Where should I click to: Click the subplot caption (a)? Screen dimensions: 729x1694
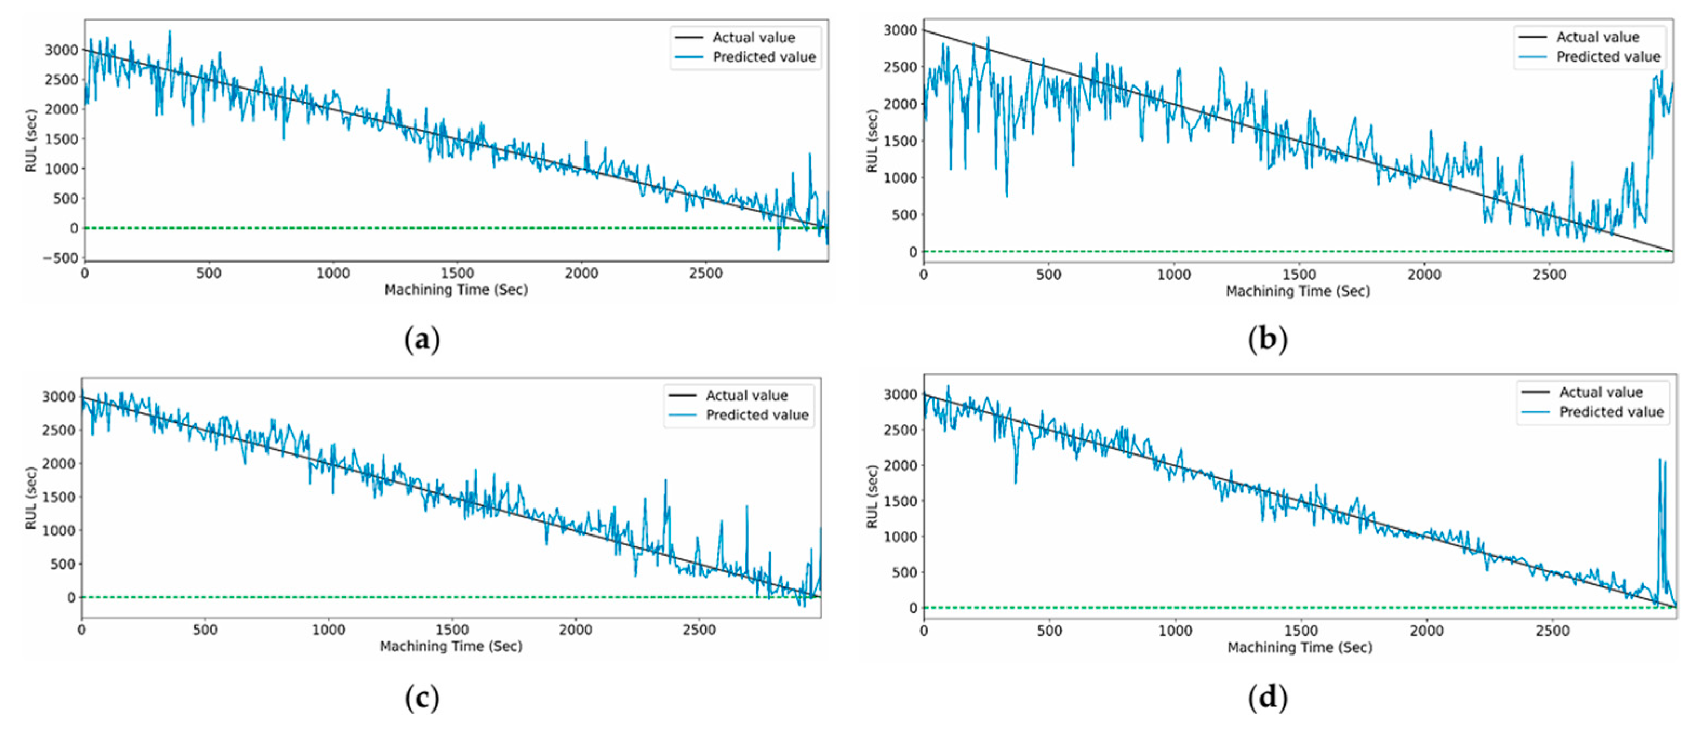422,340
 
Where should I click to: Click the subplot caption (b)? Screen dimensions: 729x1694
1267,340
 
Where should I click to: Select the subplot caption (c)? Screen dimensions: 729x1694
422,698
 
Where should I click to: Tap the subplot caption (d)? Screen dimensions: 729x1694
1267,698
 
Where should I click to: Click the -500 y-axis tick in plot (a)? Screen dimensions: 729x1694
61,258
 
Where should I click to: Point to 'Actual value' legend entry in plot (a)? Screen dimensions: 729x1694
753,37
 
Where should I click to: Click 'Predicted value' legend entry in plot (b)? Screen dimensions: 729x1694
1608,57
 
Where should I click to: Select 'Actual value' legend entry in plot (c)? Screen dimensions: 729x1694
746,396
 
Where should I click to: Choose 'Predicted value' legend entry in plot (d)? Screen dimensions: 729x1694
1611,412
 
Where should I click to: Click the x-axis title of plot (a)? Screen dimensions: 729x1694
456,290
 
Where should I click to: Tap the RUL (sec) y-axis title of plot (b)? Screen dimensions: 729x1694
872,142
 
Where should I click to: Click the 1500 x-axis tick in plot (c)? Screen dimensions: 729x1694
452,630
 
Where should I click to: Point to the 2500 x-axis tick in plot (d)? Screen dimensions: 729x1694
1552,631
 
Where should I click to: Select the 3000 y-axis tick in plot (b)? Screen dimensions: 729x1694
899,30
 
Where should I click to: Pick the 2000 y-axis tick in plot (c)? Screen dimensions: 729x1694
59,464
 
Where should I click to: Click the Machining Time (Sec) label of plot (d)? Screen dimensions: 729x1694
1299,647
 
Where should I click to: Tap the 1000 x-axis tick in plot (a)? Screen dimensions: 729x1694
333,273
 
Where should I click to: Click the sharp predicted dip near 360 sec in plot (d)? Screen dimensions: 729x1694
1015,482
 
